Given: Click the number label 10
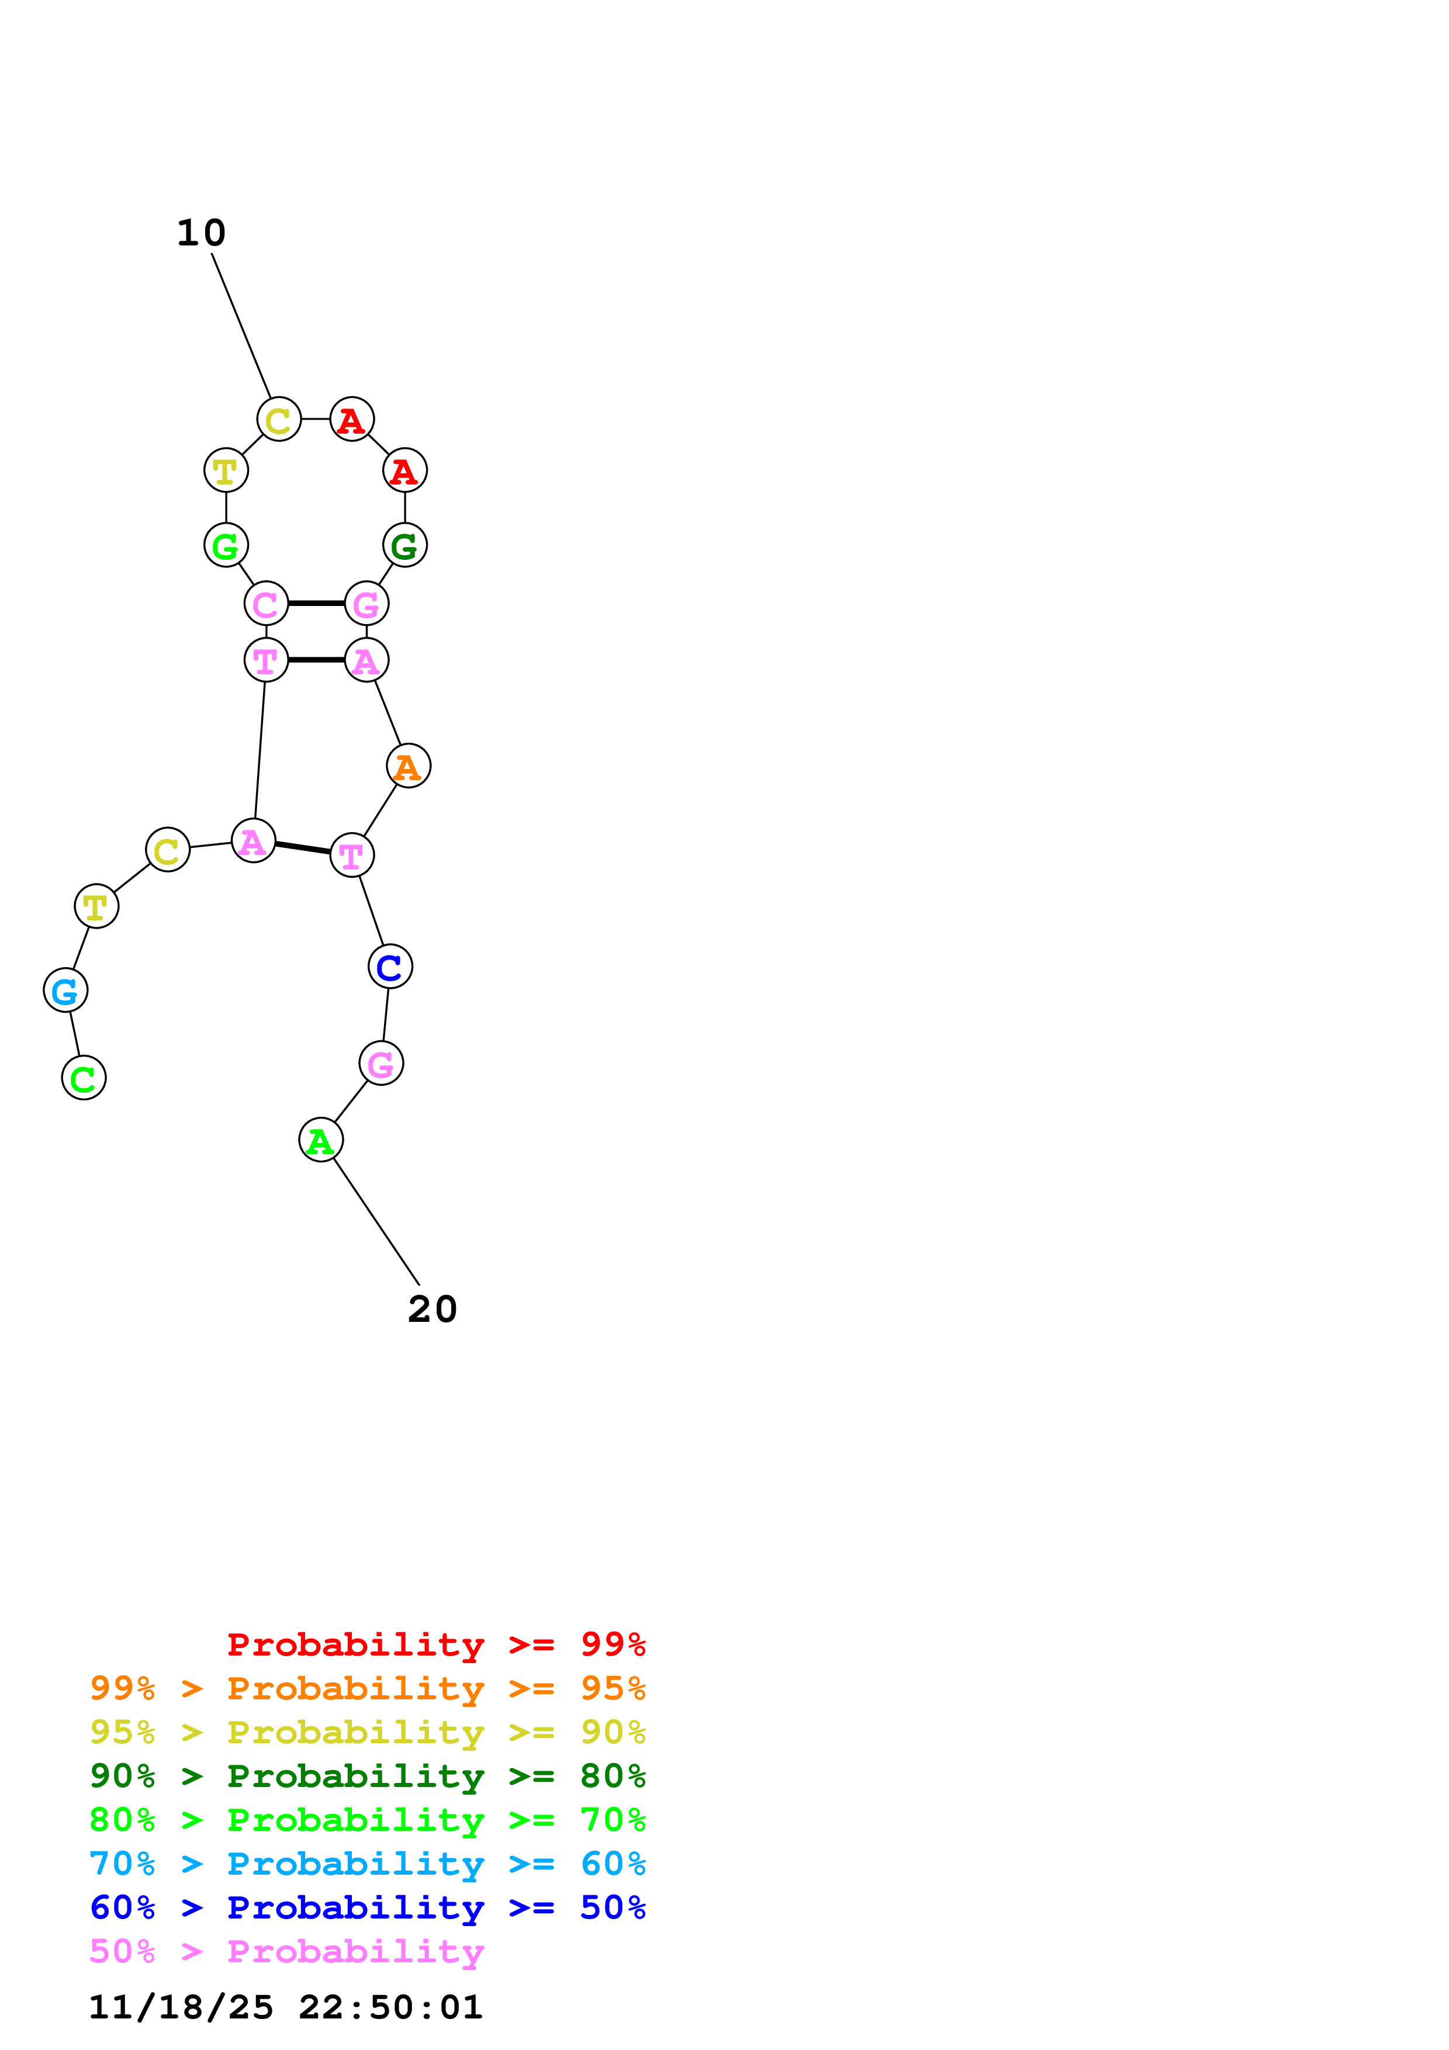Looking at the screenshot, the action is pyautogui.click(x=201, y=233).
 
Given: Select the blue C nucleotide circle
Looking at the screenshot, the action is pyautogui.click(x=390, y=967).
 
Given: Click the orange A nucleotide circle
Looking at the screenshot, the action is pyautogui.click(x=408, y=766).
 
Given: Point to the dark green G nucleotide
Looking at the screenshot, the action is pyautogui.click(x=404, y=546).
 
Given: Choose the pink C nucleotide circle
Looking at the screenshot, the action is pyautogui.click(x=266, y=604).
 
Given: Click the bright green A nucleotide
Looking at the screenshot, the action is pyautogui.click(x=320, y=1140).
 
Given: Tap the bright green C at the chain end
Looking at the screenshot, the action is pyautogui.click(x=84, y=1079).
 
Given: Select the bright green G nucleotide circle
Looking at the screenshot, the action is pyautogui.click(x=226, y=546).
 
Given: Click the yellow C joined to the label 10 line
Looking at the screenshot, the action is pyautogui.click(x=279, y=420).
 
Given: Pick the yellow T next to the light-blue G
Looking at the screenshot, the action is pyautogui.click(x=96, y=906).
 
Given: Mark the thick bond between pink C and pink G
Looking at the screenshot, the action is pyautogui.click(x=316, y=604).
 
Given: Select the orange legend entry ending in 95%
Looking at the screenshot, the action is pyautogui.click(x=367, y=1688).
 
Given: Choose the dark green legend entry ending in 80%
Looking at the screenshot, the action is pyautogui.click(x=367, y=1776).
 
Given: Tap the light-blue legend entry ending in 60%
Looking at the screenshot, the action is pyautogui.click(x=367, y=1864).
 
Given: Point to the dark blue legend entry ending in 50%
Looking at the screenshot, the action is pyautogui.click(x=367, y=1907).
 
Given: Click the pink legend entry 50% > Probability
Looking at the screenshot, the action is pyautogui.click(x=286, y=1951).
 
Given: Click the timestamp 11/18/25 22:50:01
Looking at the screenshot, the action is pyautogui.click(x=286, y=2007).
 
